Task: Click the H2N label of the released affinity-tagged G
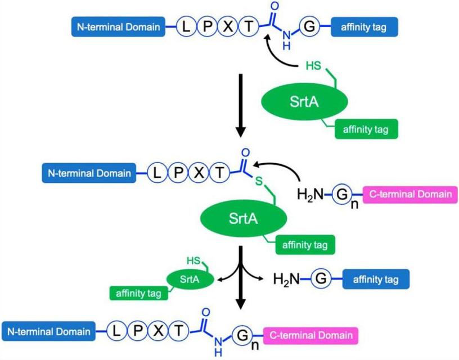pos(286,279)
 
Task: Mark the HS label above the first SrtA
pos(313,66)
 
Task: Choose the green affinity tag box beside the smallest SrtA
pos(138,292)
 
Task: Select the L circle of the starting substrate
pos(186,26)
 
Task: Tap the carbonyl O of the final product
pos(205,312)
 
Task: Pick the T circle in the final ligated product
pos(178,331)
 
